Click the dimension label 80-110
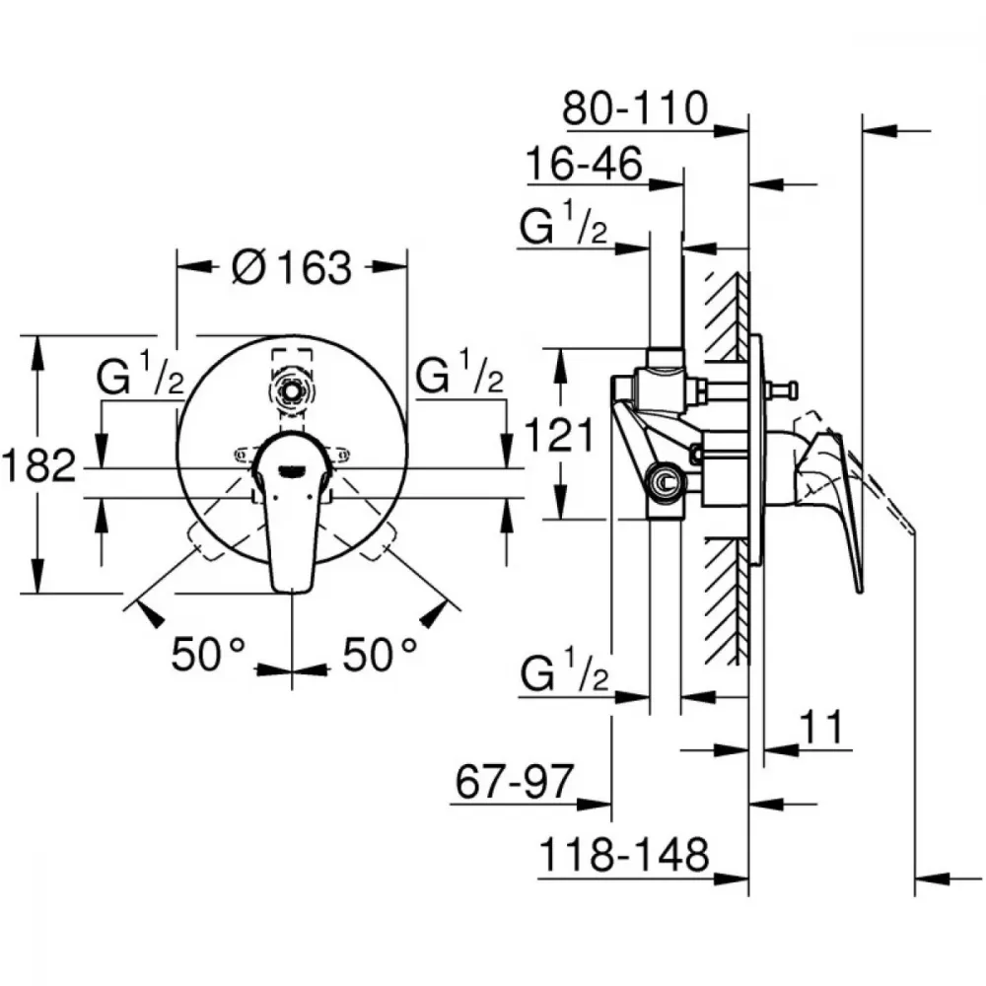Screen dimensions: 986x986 coord(635,108)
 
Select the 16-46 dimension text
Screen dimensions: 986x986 coord(584,164)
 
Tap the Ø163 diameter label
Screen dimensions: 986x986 coord(292,267)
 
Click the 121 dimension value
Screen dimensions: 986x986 coord(558,435)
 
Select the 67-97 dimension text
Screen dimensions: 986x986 coord(515,782)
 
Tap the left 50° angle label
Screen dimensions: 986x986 coord(208,654)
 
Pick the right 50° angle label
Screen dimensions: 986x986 coord(380,654)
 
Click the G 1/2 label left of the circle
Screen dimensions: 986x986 coord(141,374)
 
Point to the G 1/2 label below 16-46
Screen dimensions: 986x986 coord(563,223)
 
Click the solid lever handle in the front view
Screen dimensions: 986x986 coord(292,511)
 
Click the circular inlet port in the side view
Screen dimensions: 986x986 coord(664,482)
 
